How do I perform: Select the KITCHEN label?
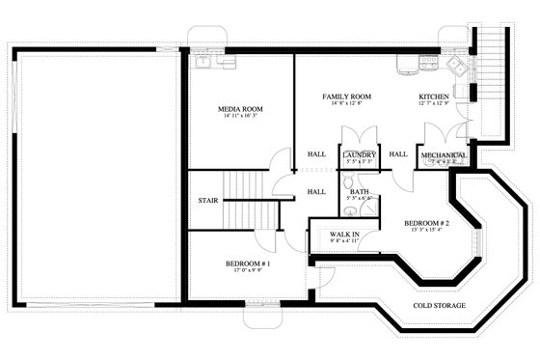pyautogui.click(x=433, y=97)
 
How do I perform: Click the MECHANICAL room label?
pyautogui.click(x=445, y=154)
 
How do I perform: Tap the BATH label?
pyautogui.click(x=360, y=191)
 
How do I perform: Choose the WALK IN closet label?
pyautogui.click(x=345, y=235)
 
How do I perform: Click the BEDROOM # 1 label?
pyautogui.click(x=248, y=263)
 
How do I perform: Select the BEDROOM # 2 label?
pyautogui.click(x=427, y=222)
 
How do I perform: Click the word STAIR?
pyautogui.click(x=207, y=201)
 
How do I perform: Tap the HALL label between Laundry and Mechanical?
pyautogui.click(x=397, y=153)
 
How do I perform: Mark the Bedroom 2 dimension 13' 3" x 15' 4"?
pyautogui.click(x=427, y=231)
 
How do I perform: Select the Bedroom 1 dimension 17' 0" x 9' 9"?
pyautogui.click(x=248, y=272)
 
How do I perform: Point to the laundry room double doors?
pyautogui.click(x=358, y=168)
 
